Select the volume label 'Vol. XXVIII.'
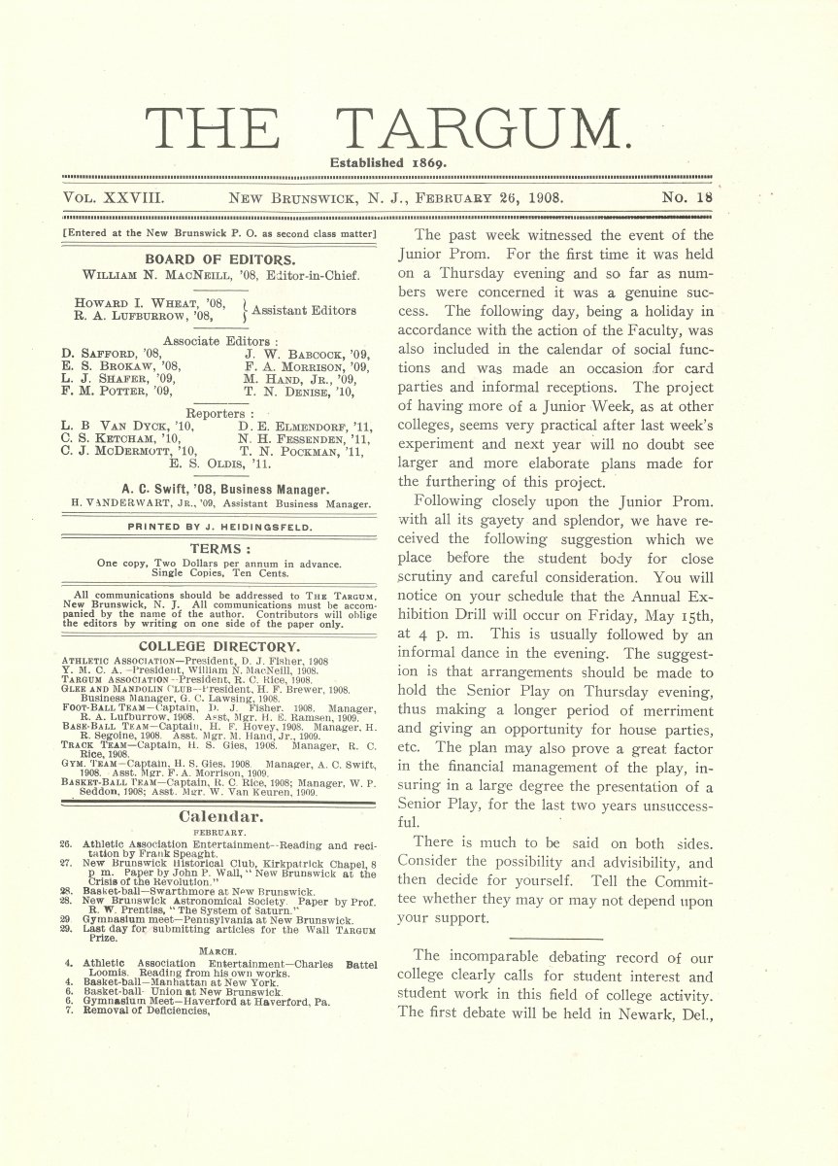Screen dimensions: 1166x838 116,197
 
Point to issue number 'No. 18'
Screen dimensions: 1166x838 687,197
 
